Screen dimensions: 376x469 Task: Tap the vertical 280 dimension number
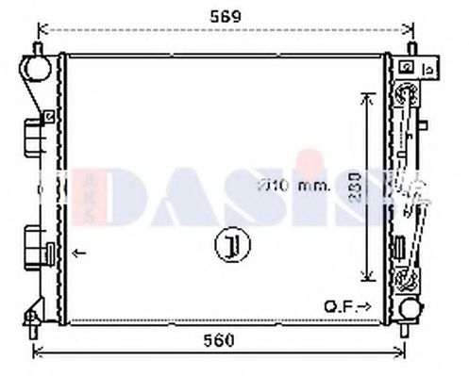click(350, 188)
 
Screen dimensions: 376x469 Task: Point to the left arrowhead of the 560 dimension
click(38, 353)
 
